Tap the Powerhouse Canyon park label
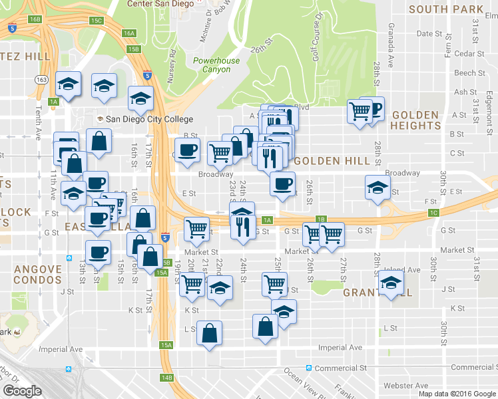coord(216,65)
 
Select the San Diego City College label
coord(149,120)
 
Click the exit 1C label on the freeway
coord(434,212)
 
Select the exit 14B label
coord(166,378)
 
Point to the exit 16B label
coord(35,19)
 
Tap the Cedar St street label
coord(451,54)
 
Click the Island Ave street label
coord(402,270)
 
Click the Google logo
coord(23,391)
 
